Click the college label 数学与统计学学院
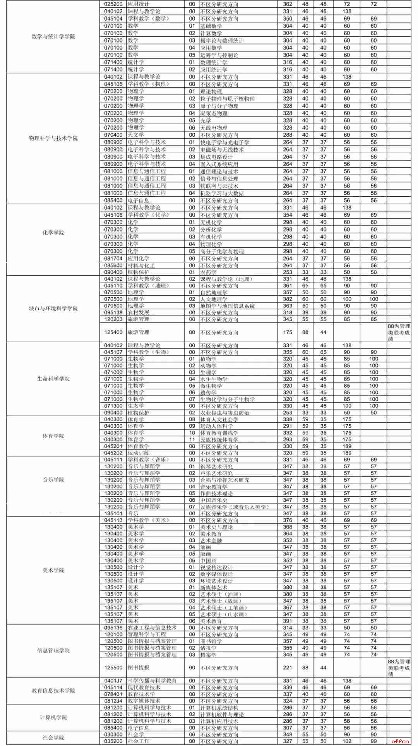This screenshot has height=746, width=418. click(x=53, y=37)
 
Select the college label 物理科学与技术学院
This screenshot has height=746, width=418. click(x=53, y=139)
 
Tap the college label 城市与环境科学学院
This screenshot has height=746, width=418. click(x=53, y=309)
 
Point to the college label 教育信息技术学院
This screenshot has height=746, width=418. click(x=53, y=691)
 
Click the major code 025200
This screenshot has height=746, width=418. click(x=113, y=4)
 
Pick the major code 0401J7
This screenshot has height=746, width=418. click(x=113, y=681)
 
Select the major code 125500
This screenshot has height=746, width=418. click(x=113, y=667)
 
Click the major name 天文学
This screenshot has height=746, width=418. click(x=136, y=135)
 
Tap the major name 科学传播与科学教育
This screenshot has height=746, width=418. click(x=152, y=681)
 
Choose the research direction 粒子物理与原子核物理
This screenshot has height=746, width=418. click(x=227, y=99)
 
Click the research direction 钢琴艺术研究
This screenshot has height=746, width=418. click(x=216, y=466)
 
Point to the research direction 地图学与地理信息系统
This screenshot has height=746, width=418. click(x=227, y=306)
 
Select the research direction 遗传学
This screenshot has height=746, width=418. click(x=208, y=393)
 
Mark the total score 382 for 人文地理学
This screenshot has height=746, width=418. click(x=288, y=299)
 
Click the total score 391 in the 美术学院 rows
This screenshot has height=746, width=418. click(x=288, y=621)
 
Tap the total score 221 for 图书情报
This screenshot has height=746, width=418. click(x=288, y=667)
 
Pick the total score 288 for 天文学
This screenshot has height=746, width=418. click(x=288, y=135)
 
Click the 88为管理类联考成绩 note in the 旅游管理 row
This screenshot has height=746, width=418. click(x=399, y=333)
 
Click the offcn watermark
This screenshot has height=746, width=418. click(x=400, y=741)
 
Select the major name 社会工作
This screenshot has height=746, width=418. click(x=139, y=741)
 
